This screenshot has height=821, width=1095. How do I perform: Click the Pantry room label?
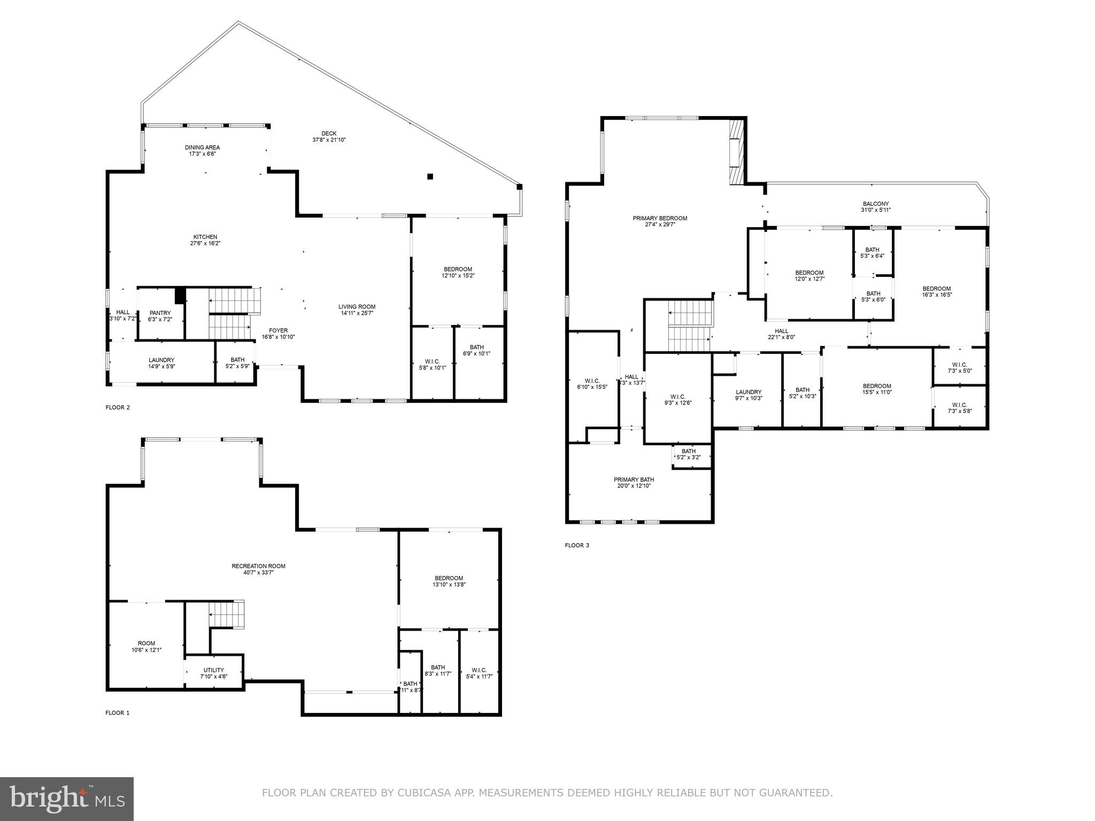[160, 313]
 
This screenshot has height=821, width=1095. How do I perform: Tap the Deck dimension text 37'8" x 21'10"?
[329, 140]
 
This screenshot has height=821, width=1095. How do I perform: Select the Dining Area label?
[202, 148]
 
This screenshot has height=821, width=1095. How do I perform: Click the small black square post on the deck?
[430, 176]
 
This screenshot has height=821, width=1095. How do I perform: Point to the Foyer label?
[278, 331]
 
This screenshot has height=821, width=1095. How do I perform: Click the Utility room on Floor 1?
[213, 673]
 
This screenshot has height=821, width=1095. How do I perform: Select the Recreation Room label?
[258, 566]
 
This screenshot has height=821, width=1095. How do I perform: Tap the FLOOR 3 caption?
[577, 546]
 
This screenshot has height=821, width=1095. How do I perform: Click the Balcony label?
[875, 204]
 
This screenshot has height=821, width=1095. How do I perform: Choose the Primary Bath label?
[634, 479]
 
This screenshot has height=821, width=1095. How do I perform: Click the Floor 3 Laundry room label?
[748, 392]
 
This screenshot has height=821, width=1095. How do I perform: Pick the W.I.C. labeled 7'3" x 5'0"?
[959, 368]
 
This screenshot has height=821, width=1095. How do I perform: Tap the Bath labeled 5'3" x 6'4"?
[872, 252]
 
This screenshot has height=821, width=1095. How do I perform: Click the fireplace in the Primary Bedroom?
[736, 152]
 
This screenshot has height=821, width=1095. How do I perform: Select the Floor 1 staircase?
[226, 613]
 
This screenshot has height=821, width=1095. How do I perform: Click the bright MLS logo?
[67, 799]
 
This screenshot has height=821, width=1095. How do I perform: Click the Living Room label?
[357, 307]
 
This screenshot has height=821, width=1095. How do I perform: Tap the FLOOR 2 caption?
[118, 407]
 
